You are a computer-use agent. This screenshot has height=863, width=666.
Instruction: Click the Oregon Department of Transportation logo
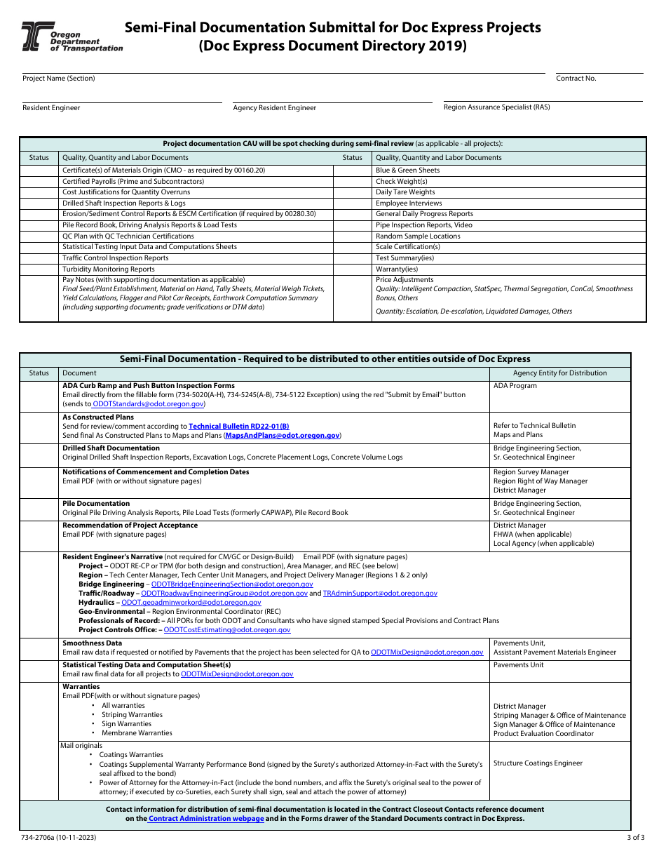point(72,36)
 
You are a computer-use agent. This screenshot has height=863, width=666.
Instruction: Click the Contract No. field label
point(576,79)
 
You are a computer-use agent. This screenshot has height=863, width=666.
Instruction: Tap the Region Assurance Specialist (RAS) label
point(496,107)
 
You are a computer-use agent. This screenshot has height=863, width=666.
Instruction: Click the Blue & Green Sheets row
point(407,170)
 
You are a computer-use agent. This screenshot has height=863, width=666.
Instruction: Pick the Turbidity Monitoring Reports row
point(109,269)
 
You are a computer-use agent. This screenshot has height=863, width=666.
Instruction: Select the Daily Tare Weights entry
point(405,192)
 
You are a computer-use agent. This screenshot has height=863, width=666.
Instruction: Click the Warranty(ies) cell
point(396,269)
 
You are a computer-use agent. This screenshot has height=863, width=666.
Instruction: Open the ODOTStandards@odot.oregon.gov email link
point(148,404)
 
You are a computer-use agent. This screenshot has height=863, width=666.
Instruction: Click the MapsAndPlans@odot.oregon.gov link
point(282,436)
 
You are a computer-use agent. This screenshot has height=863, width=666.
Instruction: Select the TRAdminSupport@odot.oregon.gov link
point(379,594)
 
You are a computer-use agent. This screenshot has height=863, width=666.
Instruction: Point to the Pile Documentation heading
point(96,504)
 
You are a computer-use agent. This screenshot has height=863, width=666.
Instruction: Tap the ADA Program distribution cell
point(515,386)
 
